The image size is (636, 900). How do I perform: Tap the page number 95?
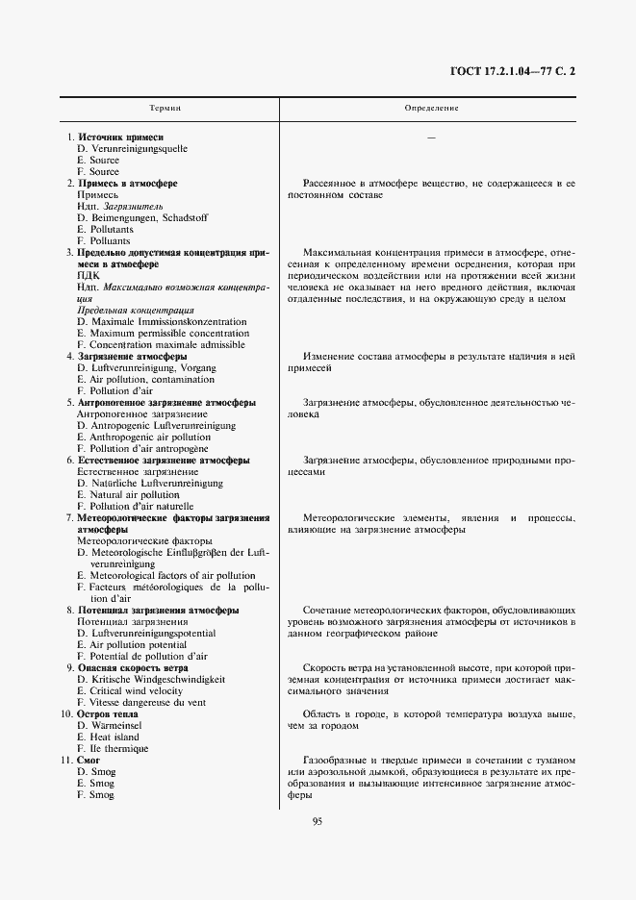317,819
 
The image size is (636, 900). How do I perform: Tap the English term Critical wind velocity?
130,691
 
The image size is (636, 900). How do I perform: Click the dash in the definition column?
431,138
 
